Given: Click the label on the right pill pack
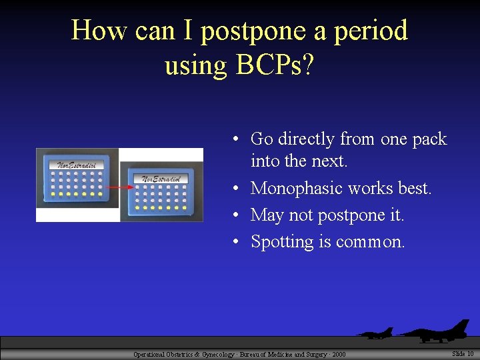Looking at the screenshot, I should coord(160,178).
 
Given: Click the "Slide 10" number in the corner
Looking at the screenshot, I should coord(463,353).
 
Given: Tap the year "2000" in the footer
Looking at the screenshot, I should coord(338,355).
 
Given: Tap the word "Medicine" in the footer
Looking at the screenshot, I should coord(267,355).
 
